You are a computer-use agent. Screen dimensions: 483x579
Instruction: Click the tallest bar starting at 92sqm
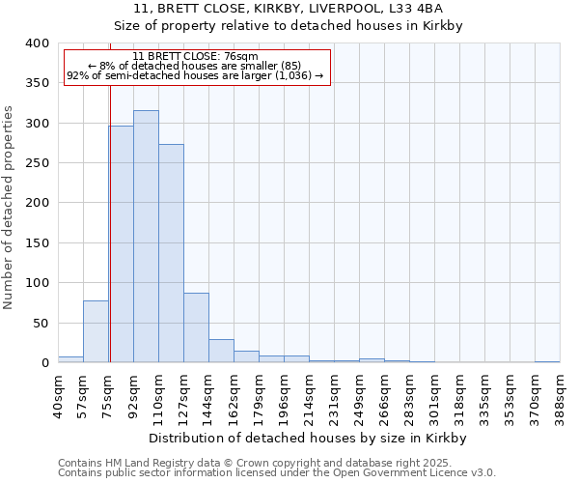pyautogui.click(x=146, y=237)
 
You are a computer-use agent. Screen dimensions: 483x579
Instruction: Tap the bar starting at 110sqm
pyautogui.click(x=171, y=253)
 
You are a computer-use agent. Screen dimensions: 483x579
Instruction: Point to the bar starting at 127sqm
pyautogui.click(x=196, y=327)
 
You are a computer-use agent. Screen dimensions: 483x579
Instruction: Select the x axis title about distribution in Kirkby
pyautogui.click(x=309, y=438)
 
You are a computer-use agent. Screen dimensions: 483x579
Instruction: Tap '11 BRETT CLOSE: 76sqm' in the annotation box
pyautogui.click(x=195, y=57)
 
